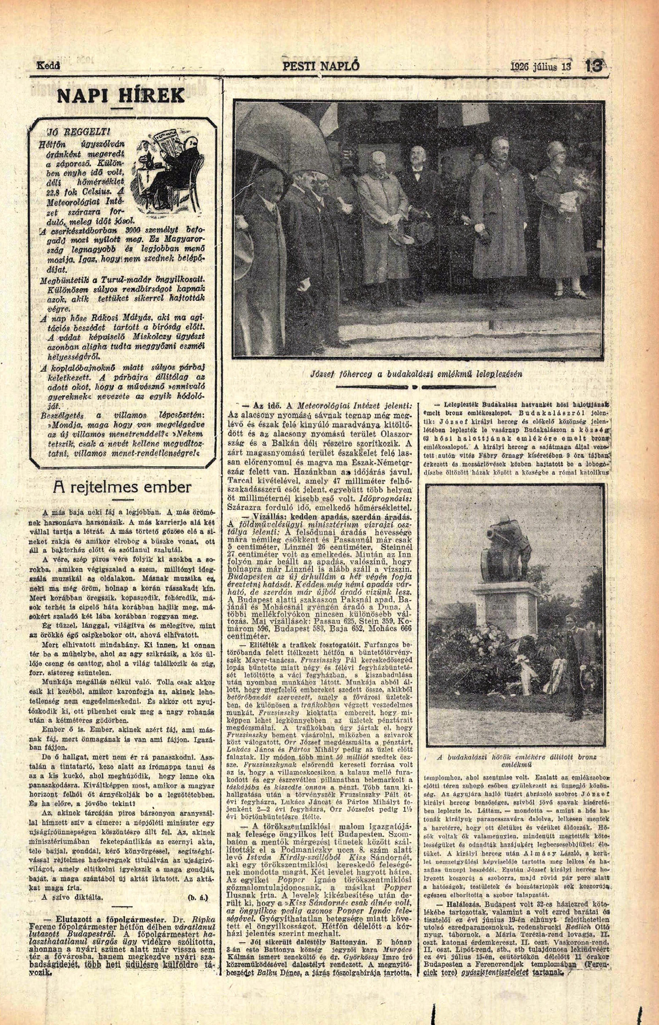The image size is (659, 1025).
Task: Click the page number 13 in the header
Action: (594, 66)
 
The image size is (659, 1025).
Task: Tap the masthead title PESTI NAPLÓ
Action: (321, 66)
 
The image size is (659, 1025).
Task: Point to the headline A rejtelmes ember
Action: (122, 487)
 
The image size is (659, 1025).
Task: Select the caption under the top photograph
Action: (416, 374)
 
